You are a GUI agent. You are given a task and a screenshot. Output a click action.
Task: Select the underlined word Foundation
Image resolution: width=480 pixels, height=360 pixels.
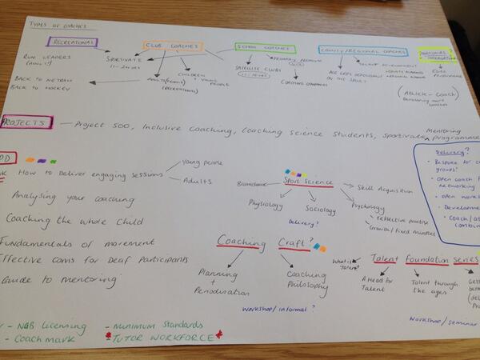[x=426, y=258]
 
